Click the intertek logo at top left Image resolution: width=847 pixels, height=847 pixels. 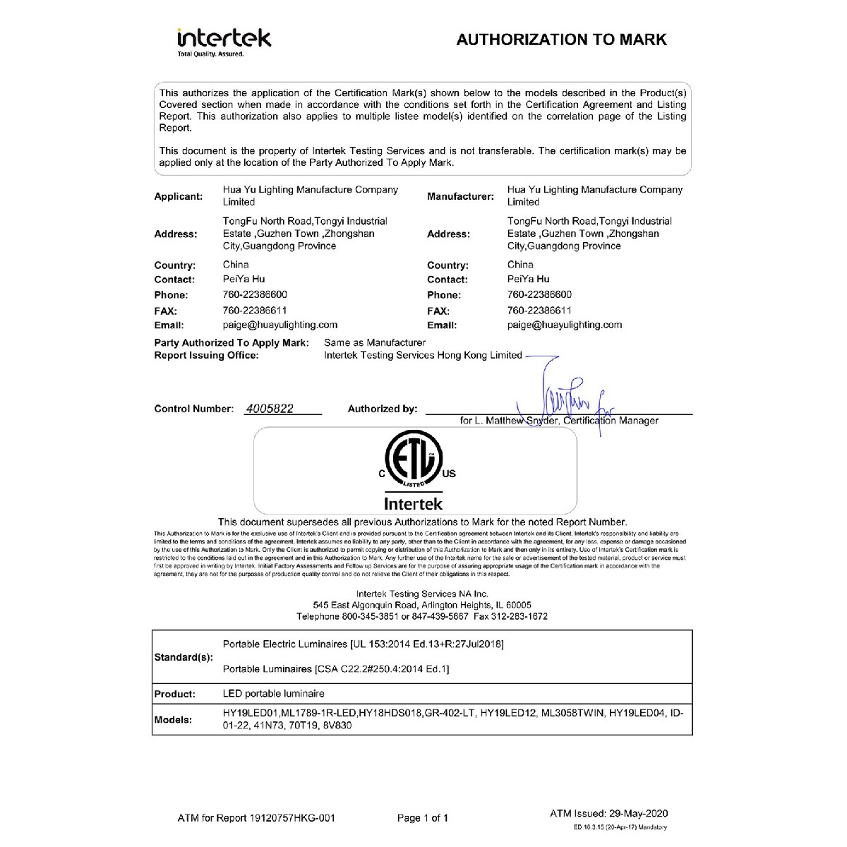point(224,41)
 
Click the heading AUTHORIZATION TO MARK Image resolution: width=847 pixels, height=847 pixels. point(561,40)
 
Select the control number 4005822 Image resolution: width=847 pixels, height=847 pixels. point(269,409)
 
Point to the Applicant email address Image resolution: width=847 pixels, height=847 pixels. point(280,325)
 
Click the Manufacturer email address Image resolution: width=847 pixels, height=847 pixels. point(564,325)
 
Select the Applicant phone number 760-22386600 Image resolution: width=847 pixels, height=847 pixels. point(255,294)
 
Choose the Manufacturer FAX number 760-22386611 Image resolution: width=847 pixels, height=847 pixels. point(539,311)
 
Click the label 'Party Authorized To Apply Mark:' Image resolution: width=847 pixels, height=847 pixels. point(232,342)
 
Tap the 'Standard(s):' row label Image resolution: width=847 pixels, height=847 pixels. point(183,657)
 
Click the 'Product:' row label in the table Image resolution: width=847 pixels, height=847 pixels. point(174,694)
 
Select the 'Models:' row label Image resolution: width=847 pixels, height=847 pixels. point(173,720)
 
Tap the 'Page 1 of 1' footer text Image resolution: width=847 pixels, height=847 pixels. point(422,818)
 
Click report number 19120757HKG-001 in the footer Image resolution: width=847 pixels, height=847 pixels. point(292,818)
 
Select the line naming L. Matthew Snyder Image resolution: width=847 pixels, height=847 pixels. point(559,421)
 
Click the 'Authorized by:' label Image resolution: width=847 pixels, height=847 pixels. point(382,409)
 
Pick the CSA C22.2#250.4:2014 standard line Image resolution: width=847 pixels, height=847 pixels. point(335,668)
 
